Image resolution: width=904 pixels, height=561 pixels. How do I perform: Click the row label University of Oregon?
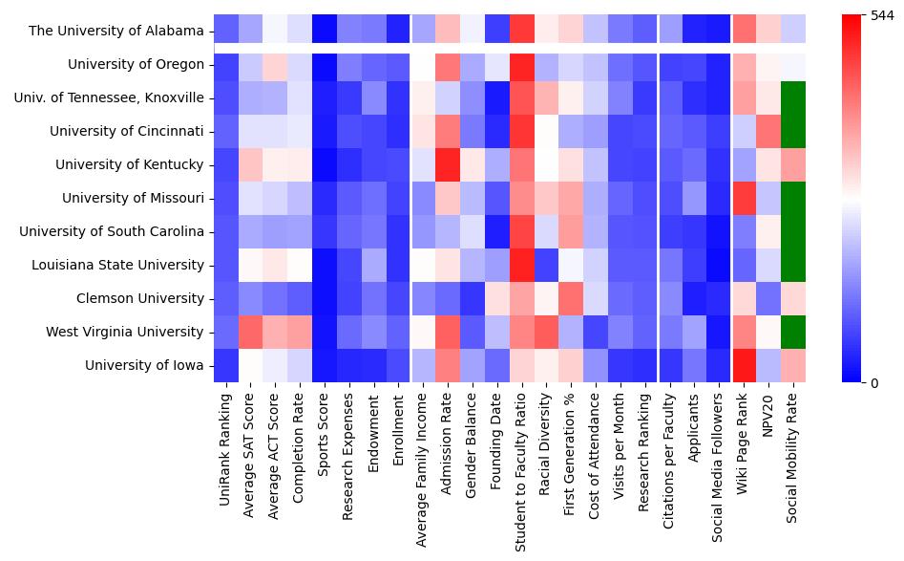tap(136, 65)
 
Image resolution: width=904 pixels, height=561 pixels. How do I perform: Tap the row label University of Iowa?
tap(144, 365)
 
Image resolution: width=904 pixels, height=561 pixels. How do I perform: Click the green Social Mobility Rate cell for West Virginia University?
tap(792, 332)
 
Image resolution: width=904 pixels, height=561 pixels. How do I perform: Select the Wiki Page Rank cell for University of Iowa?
tap(743, 365)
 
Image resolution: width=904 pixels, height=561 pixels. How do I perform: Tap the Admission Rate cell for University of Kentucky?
tap(449, 164)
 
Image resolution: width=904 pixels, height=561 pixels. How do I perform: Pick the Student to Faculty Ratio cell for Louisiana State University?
tap(521, 265)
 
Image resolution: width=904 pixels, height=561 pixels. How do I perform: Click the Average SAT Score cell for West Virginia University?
tap(251, 332)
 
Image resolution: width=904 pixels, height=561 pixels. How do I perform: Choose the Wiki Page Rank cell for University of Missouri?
tap(743, 198)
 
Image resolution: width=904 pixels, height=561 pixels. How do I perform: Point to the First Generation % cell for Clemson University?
tap(571, 298)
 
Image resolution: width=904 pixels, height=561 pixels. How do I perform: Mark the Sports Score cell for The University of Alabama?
tap(326, 31)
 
